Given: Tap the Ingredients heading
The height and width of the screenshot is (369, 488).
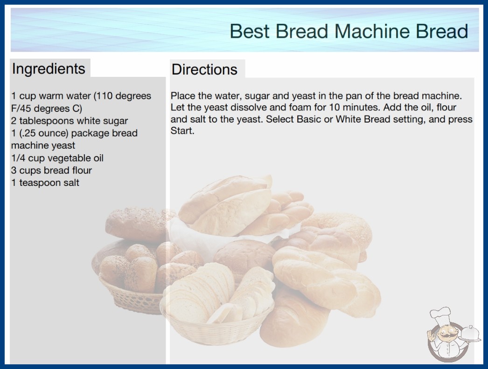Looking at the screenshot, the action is [x=49, y=69].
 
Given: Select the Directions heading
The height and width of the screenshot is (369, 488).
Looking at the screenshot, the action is [x=204, y=69].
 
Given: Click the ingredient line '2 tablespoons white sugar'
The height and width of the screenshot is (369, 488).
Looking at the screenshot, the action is [x=70, y=121].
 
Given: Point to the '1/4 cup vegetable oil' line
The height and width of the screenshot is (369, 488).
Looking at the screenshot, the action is [x=57, y=158].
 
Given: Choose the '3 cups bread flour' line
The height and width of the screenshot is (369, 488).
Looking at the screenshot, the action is [x=52, y=171].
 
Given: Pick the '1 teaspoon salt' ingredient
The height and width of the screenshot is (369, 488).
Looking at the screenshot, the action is [x=45, y=183].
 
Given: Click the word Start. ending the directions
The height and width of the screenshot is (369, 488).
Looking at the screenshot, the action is [x=182, y=130].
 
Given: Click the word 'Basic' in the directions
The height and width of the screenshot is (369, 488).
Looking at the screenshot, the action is [x=309, y=119].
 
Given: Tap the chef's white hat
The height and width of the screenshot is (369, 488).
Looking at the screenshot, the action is [x=441, y=314].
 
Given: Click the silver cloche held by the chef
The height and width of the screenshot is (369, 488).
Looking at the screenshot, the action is [x=470, y=334].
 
